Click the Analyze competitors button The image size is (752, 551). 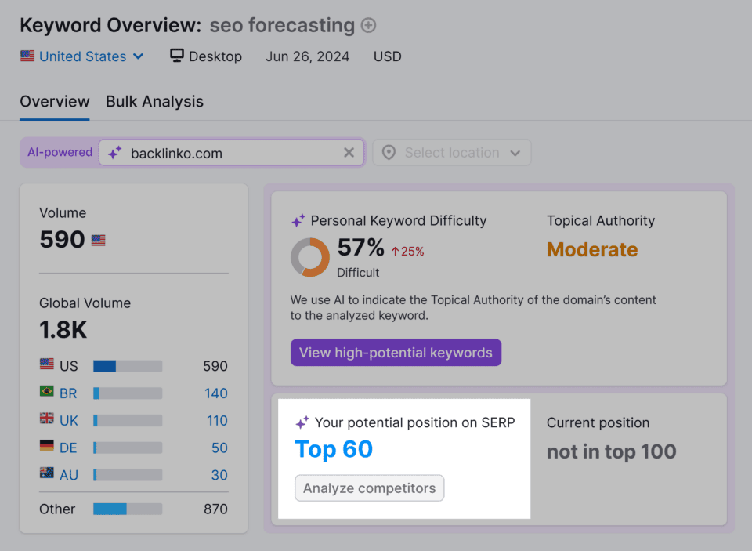pyautogui.click(x=369, y=488)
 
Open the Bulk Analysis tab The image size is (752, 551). pyautogui.click(x=154, y=102)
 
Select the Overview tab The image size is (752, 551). pyautogui.click(x=55, y=102)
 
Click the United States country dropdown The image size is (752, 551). pyautogui.click(x=82, y=56)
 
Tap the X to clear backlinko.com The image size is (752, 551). pyautogui.click(x=349, y=153)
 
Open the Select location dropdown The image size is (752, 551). pyautogui.click(x=452, y=153)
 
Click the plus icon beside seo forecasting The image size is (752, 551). pyautogui.click(x=368, y=26)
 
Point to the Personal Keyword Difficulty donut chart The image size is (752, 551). pyautogui.click(x=310, y=257)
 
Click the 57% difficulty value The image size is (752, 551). pyautogui.click(x=360, y=248)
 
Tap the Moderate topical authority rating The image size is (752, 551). pyautogui.click(x=592, y=250)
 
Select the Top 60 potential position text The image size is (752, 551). pyautogui.click(x=334, y=450)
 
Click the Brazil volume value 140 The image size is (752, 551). pyautogui.click(x=216, y=393)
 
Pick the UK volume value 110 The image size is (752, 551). pyautogui.click(x=217, y=421)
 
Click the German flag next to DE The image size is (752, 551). pyautogui.click(x=47, y=447)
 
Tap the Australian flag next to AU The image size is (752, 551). pyautogui.click(x=47, y=473)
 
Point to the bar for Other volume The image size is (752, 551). pyautogui.click(x=127, y=509)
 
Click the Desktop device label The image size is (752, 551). pyautogui.click(x=206, y=56)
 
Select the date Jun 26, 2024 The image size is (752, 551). pyautogui.click(x=307, y=56)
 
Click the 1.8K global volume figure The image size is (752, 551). pyautogui.click(x=63, y=330)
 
